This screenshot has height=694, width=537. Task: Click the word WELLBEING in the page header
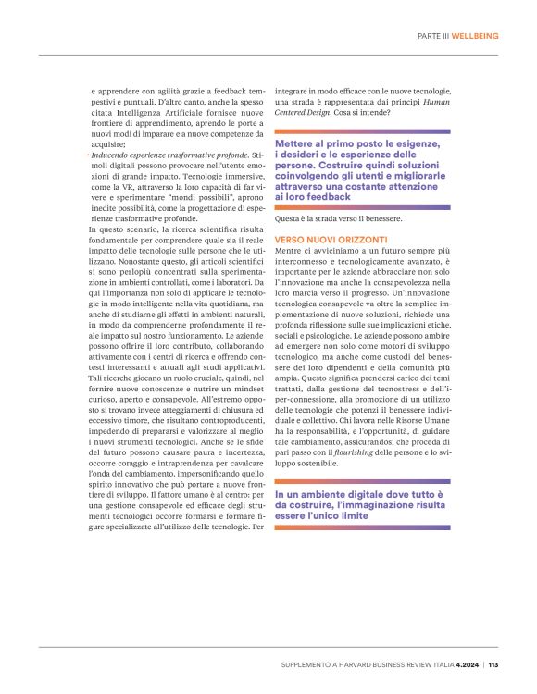pos(474,35)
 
